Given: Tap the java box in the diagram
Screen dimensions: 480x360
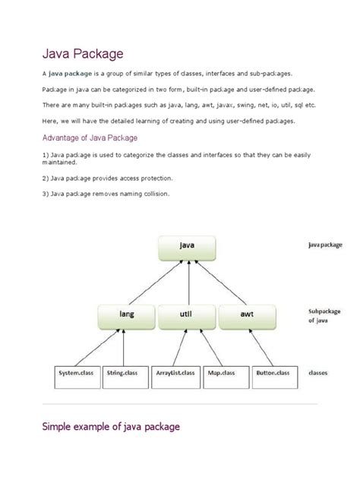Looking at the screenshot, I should tap(186, 246).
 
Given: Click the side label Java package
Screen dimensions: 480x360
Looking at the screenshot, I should tap(324, 246).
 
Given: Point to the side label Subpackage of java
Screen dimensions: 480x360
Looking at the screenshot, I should tap(324, 316).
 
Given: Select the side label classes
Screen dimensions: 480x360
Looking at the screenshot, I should tap(319, 373).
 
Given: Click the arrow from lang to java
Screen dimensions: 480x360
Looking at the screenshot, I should tap(151, 281).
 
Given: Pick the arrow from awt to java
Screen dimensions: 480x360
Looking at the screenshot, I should tap(220, 281).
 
